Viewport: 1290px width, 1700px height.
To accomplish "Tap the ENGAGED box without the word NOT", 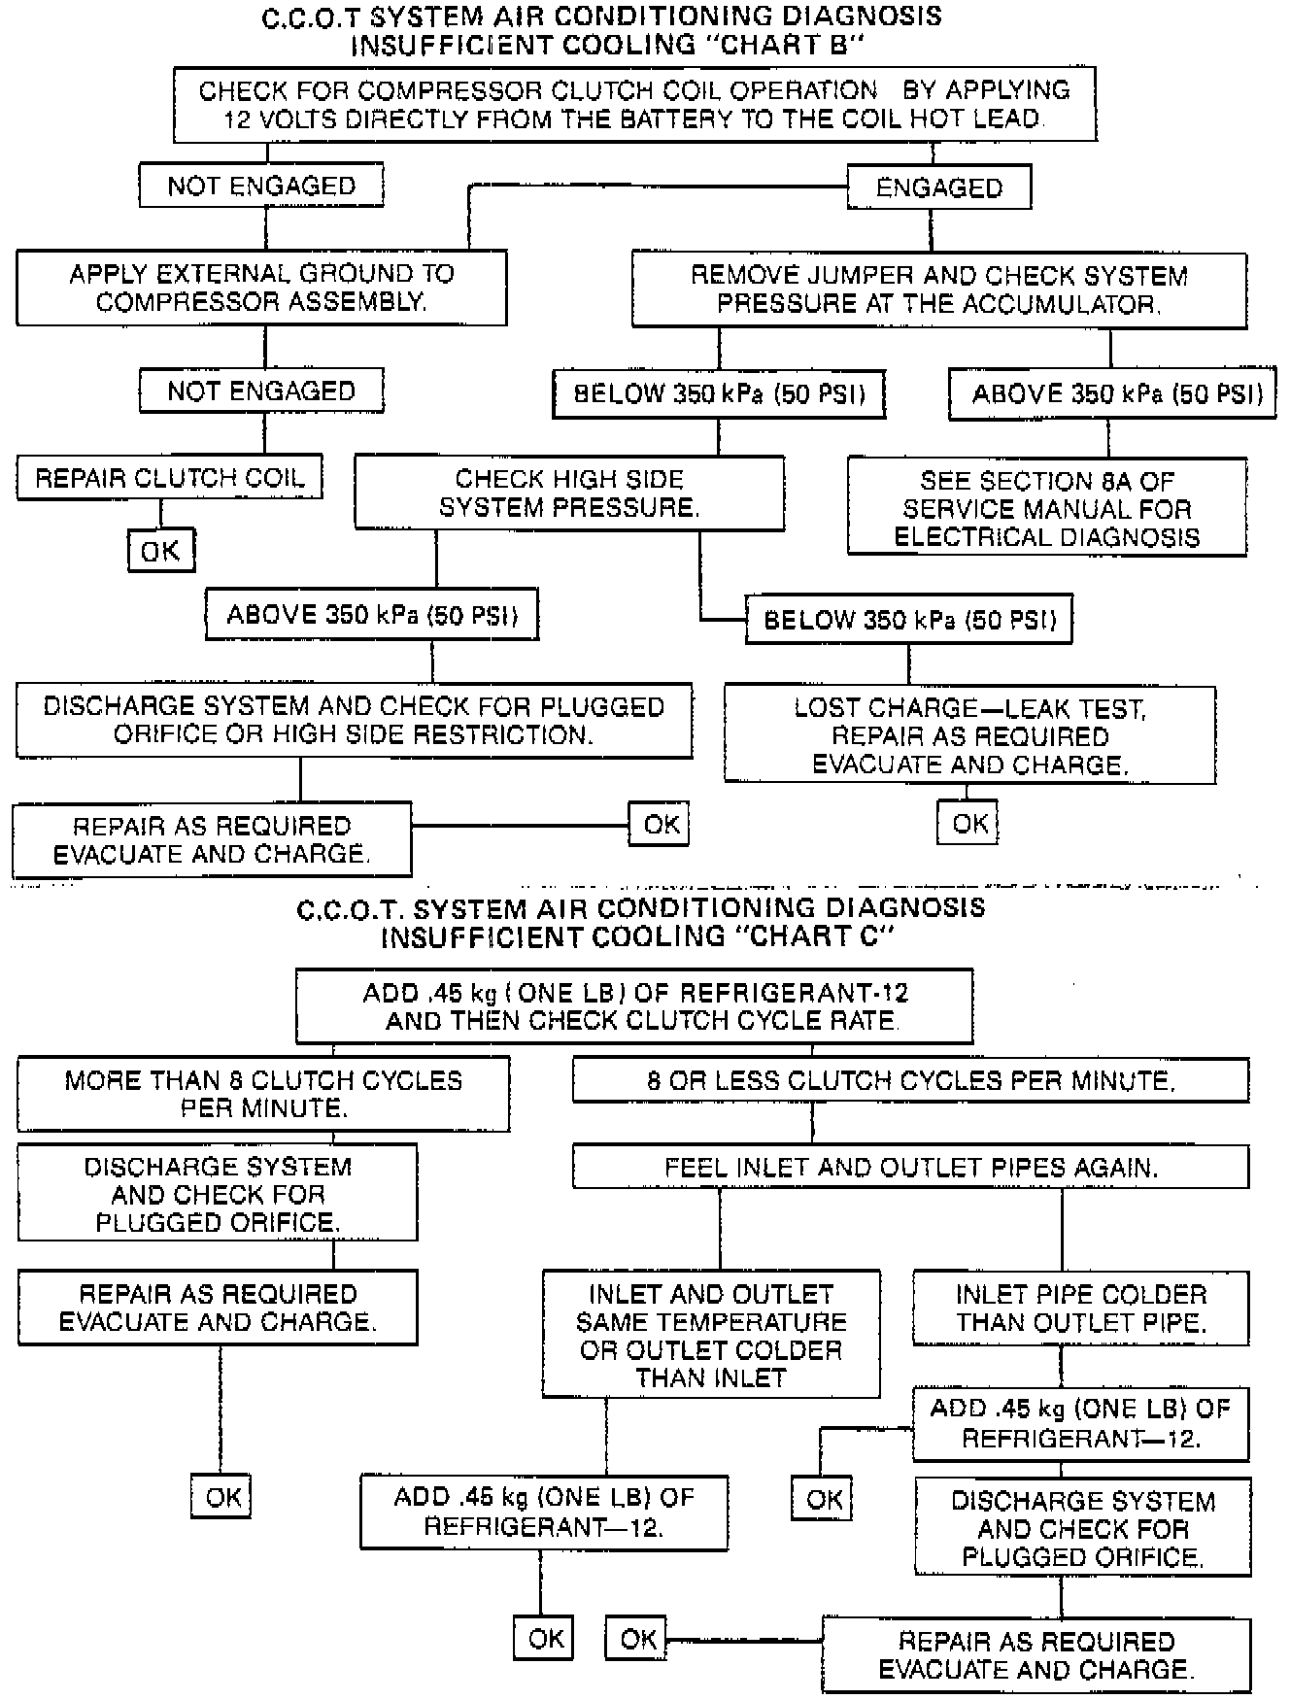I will click(938, 187).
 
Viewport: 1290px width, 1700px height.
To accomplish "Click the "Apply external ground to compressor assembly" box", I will click(261, 288).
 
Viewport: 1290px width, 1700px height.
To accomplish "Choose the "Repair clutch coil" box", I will click(169, 478).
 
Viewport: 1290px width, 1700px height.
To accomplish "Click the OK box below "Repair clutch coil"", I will click(161, 551).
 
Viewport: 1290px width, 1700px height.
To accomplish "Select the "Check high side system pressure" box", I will click(569, 493).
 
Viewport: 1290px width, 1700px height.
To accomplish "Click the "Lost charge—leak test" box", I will click(969, 735).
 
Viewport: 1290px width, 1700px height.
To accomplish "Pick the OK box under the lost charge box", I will click(968, 824).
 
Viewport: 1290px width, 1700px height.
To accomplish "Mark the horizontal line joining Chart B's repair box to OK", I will click(521, 826).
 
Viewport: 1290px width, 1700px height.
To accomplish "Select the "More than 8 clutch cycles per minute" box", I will click(263, 1094).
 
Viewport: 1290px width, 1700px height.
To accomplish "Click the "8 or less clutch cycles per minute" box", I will click(910, 1080).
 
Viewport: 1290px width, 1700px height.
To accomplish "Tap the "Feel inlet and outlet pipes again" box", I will click(910, 1167).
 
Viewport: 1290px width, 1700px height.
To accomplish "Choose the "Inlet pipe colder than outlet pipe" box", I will click(1080, 1308).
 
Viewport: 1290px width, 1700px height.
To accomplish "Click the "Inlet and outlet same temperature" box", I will click(711, 1335).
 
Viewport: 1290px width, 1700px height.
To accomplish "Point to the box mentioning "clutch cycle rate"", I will click(634, 1006).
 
